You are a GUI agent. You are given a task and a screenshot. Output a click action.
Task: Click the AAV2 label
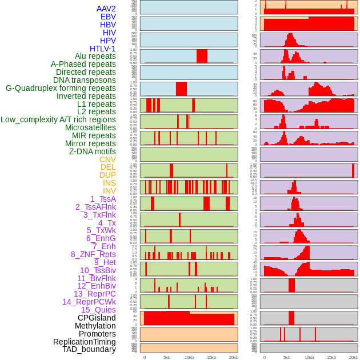point(106,9)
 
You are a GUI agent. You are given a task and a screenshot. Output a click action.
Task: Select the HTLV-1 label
point(103,49)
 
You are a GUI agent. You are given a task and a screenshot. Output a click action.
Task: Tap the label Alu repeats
point(95,56)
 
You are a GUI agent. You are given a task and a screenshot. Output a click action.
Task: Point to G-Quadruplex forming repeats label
point(61,88)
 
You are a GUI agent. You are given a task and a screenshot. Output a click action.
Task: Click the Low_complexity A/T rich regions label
point(58,119)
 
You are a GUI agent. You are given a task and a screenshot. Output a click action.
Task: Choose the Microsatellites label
point(90,127)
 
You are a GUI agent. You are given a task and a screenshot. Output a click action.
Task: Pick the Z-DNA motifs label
point(93,151)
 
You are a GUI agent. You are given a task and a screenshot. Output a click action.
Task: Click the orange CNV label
point(107,159)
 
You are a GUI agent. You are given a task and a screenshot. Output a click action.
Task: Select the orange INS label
point(109,183)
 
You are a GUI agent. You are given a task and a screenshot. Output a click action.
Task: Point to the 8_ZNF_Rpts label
point(93,254)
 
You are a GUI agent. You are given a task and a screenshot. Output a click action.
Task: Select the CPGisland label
point(97,318)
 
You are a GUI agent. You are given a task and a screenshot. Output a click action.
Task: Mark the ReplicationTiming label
point(85,342)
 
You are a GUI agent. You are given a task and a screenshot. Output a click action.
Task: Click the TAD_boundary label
point(89,349)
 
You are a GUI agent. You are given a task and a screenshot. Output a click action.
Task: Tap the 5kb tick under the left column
point(167,357)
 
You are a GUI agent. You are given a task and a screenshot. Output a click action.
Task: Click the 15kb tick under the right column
point(331,357)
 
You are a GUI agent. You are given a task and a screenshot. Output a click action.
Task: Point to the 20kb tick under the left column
point(234,357)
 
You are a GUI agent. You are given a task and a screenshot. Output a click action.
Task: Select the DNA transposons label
point(85,80)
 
